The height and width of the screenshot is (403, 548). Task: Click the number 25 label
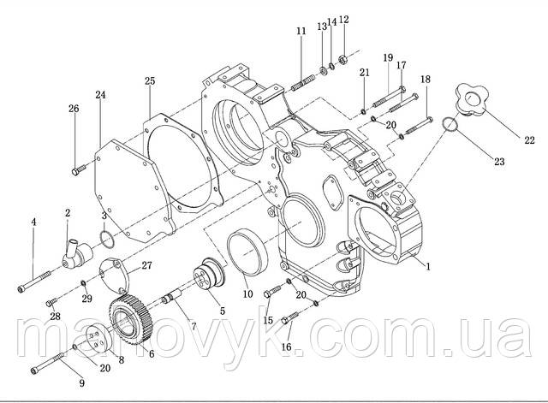point(150,81)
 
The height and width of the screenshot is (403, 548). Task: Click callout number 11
point(301,32)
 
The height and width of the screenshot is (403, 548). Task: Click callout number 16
point(286,348)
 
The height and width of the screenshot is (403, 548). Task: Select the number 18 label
point(426,80)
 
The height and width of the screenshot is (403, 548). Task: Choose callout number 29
point(86,298)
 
